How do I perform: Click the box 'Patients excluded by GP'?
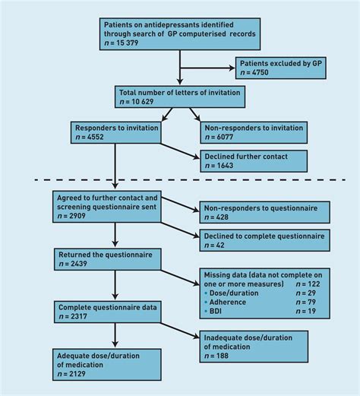pos(280,68)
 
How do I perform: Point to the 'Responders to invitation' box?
pos(115,133)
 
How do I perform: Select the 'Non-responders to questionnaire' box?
pos(263,212)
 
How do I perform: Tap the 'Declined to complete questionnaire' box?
pos(263,241)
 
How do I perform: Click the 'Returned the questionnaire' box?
pos(106,259)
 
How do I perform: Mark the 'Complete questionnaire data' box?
pos(106,312)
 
